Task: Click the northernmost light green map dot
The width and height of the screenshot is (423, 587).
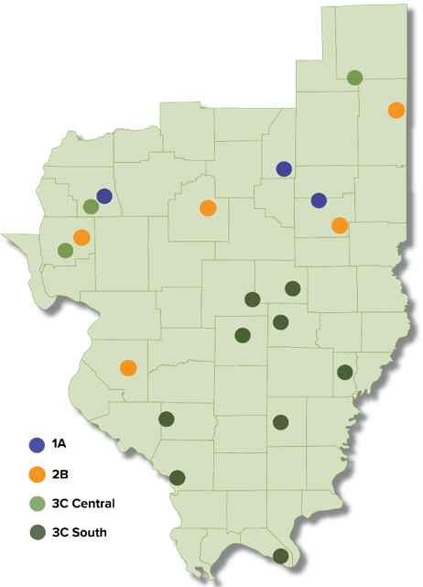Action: point(354,77)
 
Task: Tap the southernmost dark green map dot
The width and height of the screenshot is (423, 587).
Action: point(280,556)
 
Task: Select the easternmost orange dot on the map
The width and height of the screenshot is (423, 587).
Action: point(396,110)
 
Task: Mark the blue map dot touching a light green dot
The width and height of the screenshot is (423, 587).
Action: point(104,196)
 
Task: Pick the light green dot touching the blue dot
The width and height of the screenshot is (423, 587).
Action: point(91,207)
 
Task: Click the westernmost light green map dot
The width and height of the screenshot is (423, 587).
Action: point(65,250)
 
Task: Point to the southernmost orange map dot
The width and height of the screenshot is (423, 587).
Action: point(128,368)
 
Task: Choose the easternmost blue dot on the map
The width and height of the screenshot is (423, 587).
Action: point(319,201)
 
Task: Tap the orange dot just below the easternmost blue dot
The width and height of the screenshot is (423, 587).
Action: point(340,225)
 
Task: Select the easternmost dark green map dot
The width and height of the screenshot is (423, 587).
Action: point(344,372)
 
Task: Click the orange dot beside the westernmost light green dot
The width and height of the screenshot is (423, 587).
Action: point(81,237)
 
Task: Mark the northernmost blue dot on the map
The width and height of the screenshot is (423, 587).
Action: point(284,168)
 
